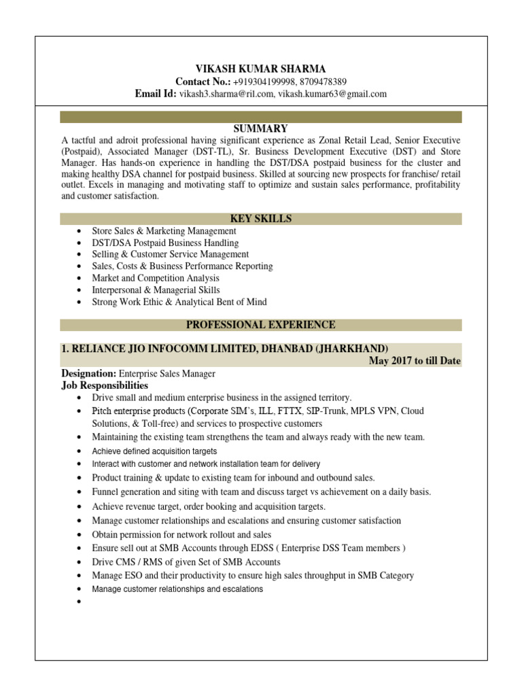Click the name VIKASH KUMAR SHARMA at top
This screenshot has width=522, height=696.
pyautogui.click(x=260, y=69)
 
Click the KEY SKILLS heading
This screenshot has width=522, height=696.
pyautogui.click(x=260, y=219)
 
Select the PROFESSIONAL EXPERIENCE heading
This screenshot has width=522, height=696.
pyautogui.click(x=260, y=325)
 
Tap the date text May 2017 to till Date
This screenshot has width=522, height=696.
pyautogui.click(x=415, y=361)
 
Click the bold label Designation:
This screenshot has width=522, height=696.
pyautogui.click(x=89, y=373)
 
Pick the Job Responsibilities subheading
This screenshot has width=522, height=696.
pyautogui.click(x=105, y=385)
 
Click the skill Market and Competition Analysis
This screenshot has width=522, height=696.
pyautogui.click(x=156, y=278)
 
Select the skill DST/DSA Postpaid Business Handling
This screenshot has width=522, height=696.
pyautogui.click(x=165, y=243)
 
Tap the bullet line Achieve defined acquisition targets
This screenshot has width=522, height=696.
pyautogui.click(x=154, y=451)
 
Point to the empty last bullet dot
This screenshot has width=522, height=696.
pyautogui.click(x=80, y=602)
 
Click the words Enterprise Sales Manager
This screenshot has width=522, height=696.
pyautogui.click(x=167, y=373)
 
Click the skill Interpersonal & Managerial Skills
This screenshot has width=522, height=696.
pyautogui.click(x=156, y=290)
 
